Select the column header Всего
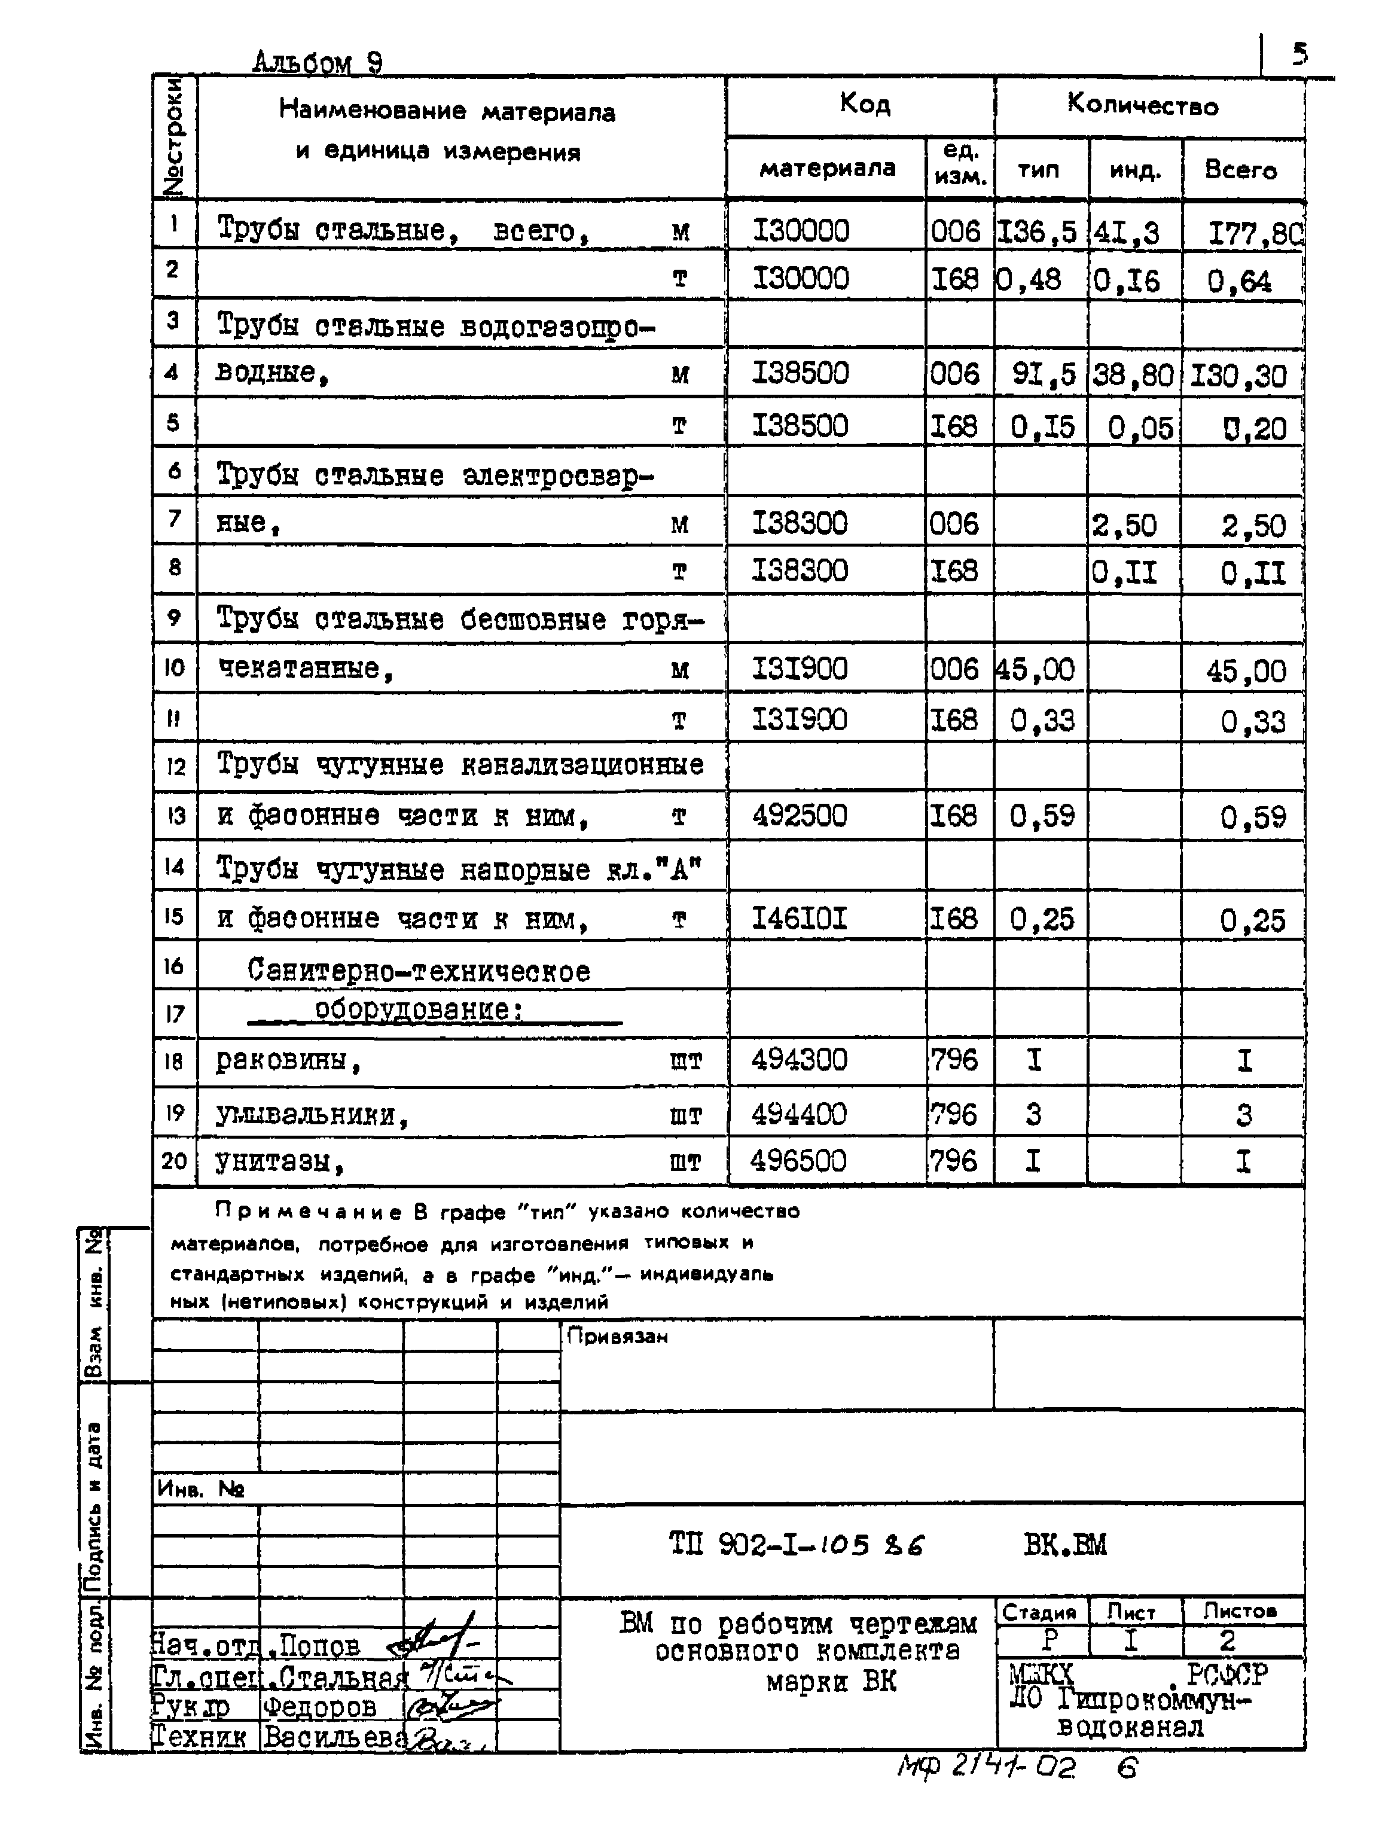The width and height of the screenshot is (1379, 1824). click(x=1240, y=170)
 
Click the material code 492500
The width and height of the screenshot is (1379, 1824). click(x=799, y=816)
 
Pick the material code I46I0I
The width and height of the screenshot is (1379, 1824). click(x=799, y=918)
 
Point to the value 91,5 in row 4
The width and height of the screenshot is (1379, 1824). click(x=1044, y=374)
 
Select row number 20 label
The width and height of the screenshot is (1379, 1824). click(x=174, y=1161)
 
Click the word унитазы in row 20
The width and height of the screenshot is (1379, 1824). click(x=279, y=1162)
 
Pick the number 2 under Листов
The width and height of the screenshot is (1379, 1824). click(x=1227, y=1640)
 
